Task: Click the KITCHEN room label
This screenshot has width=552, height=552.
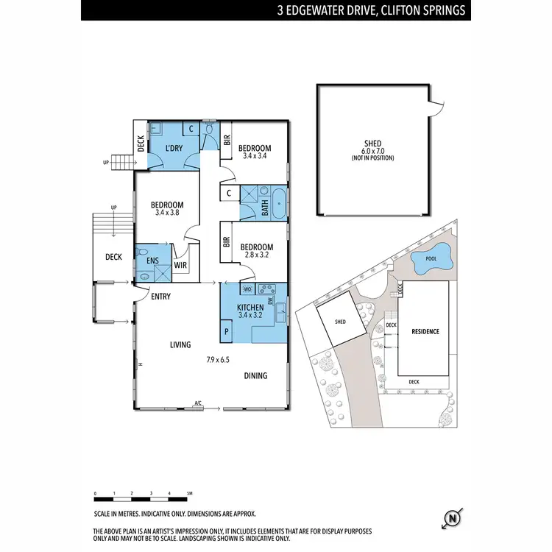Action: click(250, 306)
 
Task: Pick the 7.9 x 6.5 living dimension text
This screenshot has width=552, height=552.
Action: click(218, 360)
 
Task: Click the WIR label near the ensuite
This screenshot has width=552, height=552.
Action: click(180, 266)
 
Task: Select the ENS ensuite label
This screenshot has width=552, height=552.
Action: click(153, 260)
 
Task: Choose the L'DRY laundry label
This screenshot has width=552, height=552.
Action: click(174, 149)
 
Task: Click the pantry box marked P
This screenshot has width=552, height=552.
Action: click(226, 333)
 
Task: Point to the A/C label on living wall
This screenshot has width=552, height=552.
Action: click(198, 403)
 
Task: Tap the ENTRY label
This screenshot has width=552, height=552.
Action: click(160, 297)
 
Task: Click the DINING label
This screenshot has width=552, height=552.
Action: click(255, 375)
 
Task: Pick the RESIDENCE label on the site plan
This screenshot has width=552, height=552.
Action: click(425, 332)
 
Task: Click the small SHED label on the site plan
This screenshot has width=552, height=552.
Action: click(339, 322)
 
